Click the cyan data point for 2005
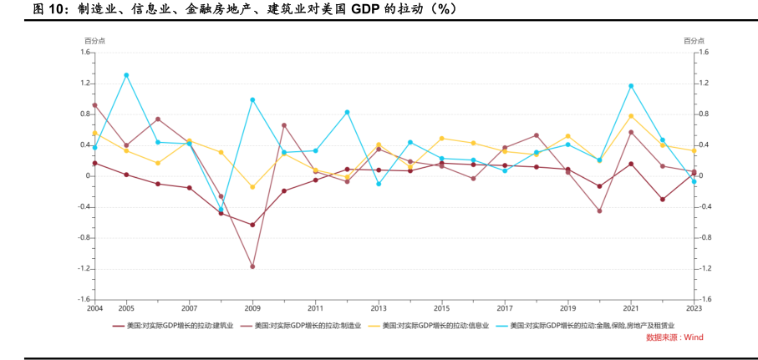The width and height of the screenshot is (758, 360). [x=126, y=75]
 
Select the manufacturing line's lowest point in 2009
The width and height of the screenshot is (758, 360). [x=252, y=266]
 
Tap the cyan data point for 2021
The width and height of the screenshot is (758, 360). [x=631, y=86]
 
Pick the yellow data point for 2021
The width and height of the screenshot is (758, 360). [x=631, y=115]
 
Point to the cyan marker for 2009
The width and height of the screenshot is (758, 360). [x=252, y=99]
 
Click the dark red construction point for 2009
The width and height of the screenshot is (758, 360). [x=252, y=225]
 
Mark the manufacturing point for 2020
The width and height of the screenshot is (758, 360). [x=599, y=210]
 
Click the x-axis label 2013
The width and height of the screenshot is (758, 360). [x=379, y=308]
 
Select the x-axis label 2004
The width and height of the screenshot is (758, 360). [x=94, y=308]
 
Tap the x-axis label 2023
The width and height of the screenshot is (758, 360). [x=694, y=308]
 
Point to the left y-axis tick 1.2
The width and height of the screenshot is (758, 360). [x=84, y=84]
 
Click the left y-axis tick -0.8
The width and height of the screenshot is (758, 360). [x=84, y=237]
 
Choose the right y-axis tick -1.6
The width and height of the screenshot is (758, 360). [x=704, y=299]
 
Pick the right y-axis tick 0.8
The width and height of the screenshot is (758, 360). [x=704, y=114]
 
